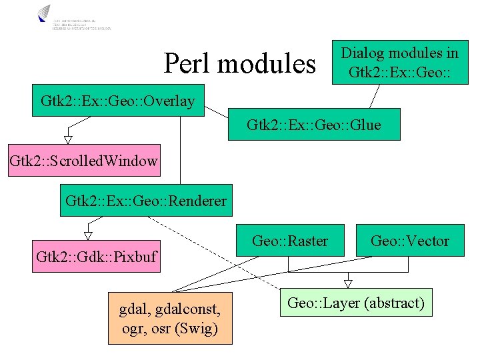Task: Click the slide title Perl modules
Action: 239,64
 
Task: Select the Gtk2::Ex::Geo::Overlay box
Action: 118,101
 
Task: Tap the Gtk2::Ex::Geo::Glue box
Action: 314,125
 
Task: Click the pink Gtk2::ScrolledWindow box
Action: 84,161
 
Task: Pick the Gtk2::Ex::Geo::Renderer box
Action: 146,201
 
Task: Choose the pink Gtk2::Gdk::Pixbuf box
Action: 97,257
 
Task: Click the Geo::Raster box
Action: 290,241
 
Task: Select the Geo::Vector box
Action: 410,241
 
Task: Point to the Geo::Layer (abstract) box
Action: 356,303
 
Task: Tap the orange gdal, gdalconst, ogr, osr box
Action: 171,318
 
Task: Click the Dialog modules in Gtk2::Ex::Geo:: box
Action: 400,62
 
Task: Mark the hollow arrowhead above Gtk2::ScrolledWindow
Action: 67,139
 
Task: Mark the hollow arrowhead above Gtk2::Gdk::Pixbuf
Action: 87,235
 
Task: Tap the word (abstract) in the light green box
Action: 392,303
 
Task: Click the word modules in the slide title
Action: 267,64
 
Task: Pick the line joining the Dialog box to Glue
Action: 376,96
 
